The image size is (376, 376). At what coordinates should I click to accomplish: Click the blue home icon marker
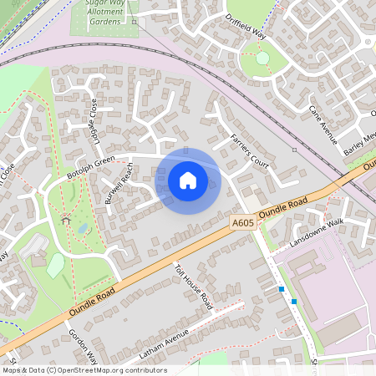click(x=188, y=180)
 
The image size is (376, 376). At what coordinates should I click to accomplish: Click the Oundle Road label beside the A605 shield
click(x=284, y=207)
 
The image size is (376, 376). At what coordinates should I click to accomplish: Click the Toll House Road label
click(x=194, y=287)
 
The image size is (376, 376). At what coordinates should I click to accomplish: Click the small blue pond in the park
click(x=83, y=227)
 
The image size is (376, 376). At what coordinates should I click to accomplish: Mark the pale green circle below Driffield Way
click(x=262, y=58)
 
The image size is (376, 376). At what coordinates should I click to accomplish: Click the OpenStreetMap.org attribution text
click(x=120, y=370)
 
